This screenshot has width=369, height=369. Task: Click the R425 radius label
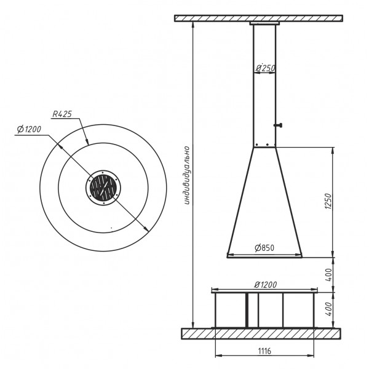62,114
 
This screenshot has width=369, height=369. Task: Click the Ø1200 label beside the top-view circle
29,129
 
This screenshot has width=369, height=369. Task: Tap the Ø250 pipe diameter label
265,68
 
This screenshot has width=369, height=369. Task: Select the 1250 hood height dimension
328,202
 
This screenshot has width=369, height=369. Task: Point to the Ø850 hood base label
264,248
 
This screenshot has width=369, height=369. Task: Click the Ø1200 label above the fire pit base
265,285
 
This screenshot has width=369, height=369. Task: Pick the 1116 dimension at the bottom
264,351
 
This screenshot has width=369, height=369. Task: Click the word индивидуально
186,175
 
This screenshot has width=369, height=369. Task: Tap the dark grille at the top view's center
103,188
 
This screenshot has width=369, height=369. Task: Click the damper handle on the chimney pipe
278,125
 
